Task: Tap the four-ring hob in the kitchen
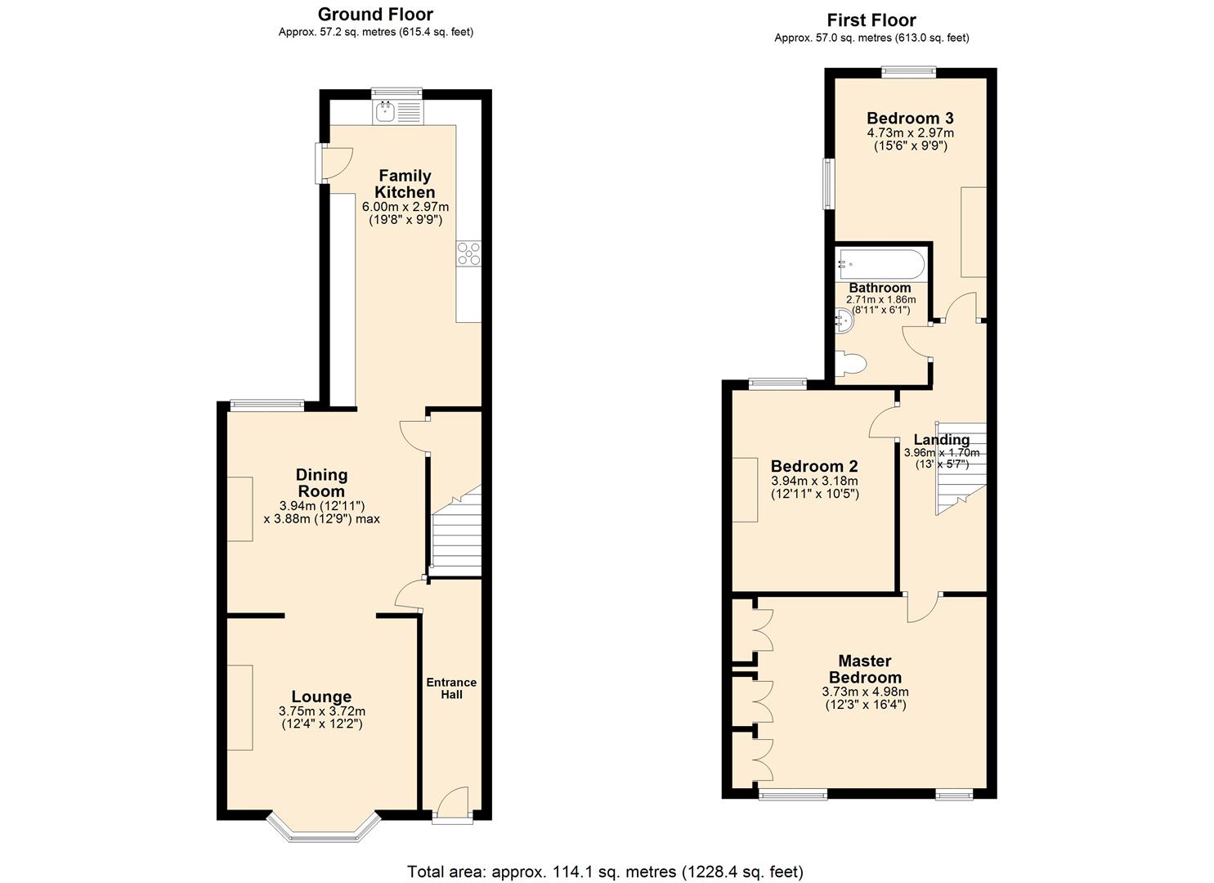[x=469, y=253]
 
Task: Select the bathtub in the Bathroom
[x=881, y=265]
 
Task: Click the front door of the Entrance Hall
[x=452, y=804]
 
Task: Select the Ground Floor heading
[x=375, y=14]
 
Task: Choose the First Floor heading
[x=871, y=20]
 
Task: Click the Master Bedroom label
[x=865, y=669]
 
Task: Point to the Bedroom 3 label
[x=910, y=118]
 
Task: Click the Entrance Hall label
[x=451, y=688]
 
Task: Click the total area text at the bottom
[x=606, y=872]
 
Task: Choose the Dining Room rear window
[x=267, y=403]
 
